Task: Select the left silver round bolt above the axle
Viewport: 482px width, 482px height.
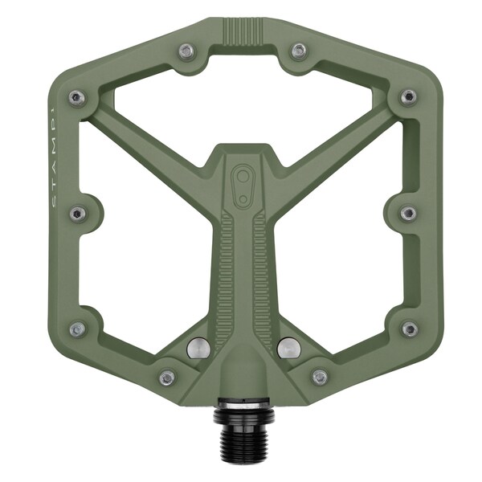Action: click(198, 348)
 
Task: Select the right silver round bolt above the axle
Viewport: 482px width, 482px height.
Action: click(288, 348)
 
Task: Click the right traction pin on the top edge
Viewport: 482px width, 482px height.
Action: click(298, 51)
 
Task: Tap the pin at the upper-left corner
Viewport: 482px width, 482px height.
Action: click(77, 98)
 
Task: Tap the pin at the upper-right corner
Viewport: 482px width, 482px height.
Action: click(408, 97)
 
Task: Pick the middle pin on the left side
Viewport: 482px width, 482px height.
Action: click(77, 213)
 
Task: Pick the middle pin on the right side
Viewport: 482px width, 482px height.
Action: click(408, 213)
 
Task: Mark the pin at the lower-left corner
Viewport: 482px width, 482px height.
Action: click(77, 329)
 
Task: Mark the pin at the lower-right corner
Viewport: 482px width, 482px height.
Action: click(409, 329)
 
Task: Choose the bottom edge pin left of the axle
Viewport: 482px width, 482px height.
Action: click(167, 377)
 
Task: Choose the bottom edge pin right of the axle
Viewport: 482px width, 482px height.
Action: click(320, 376)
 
